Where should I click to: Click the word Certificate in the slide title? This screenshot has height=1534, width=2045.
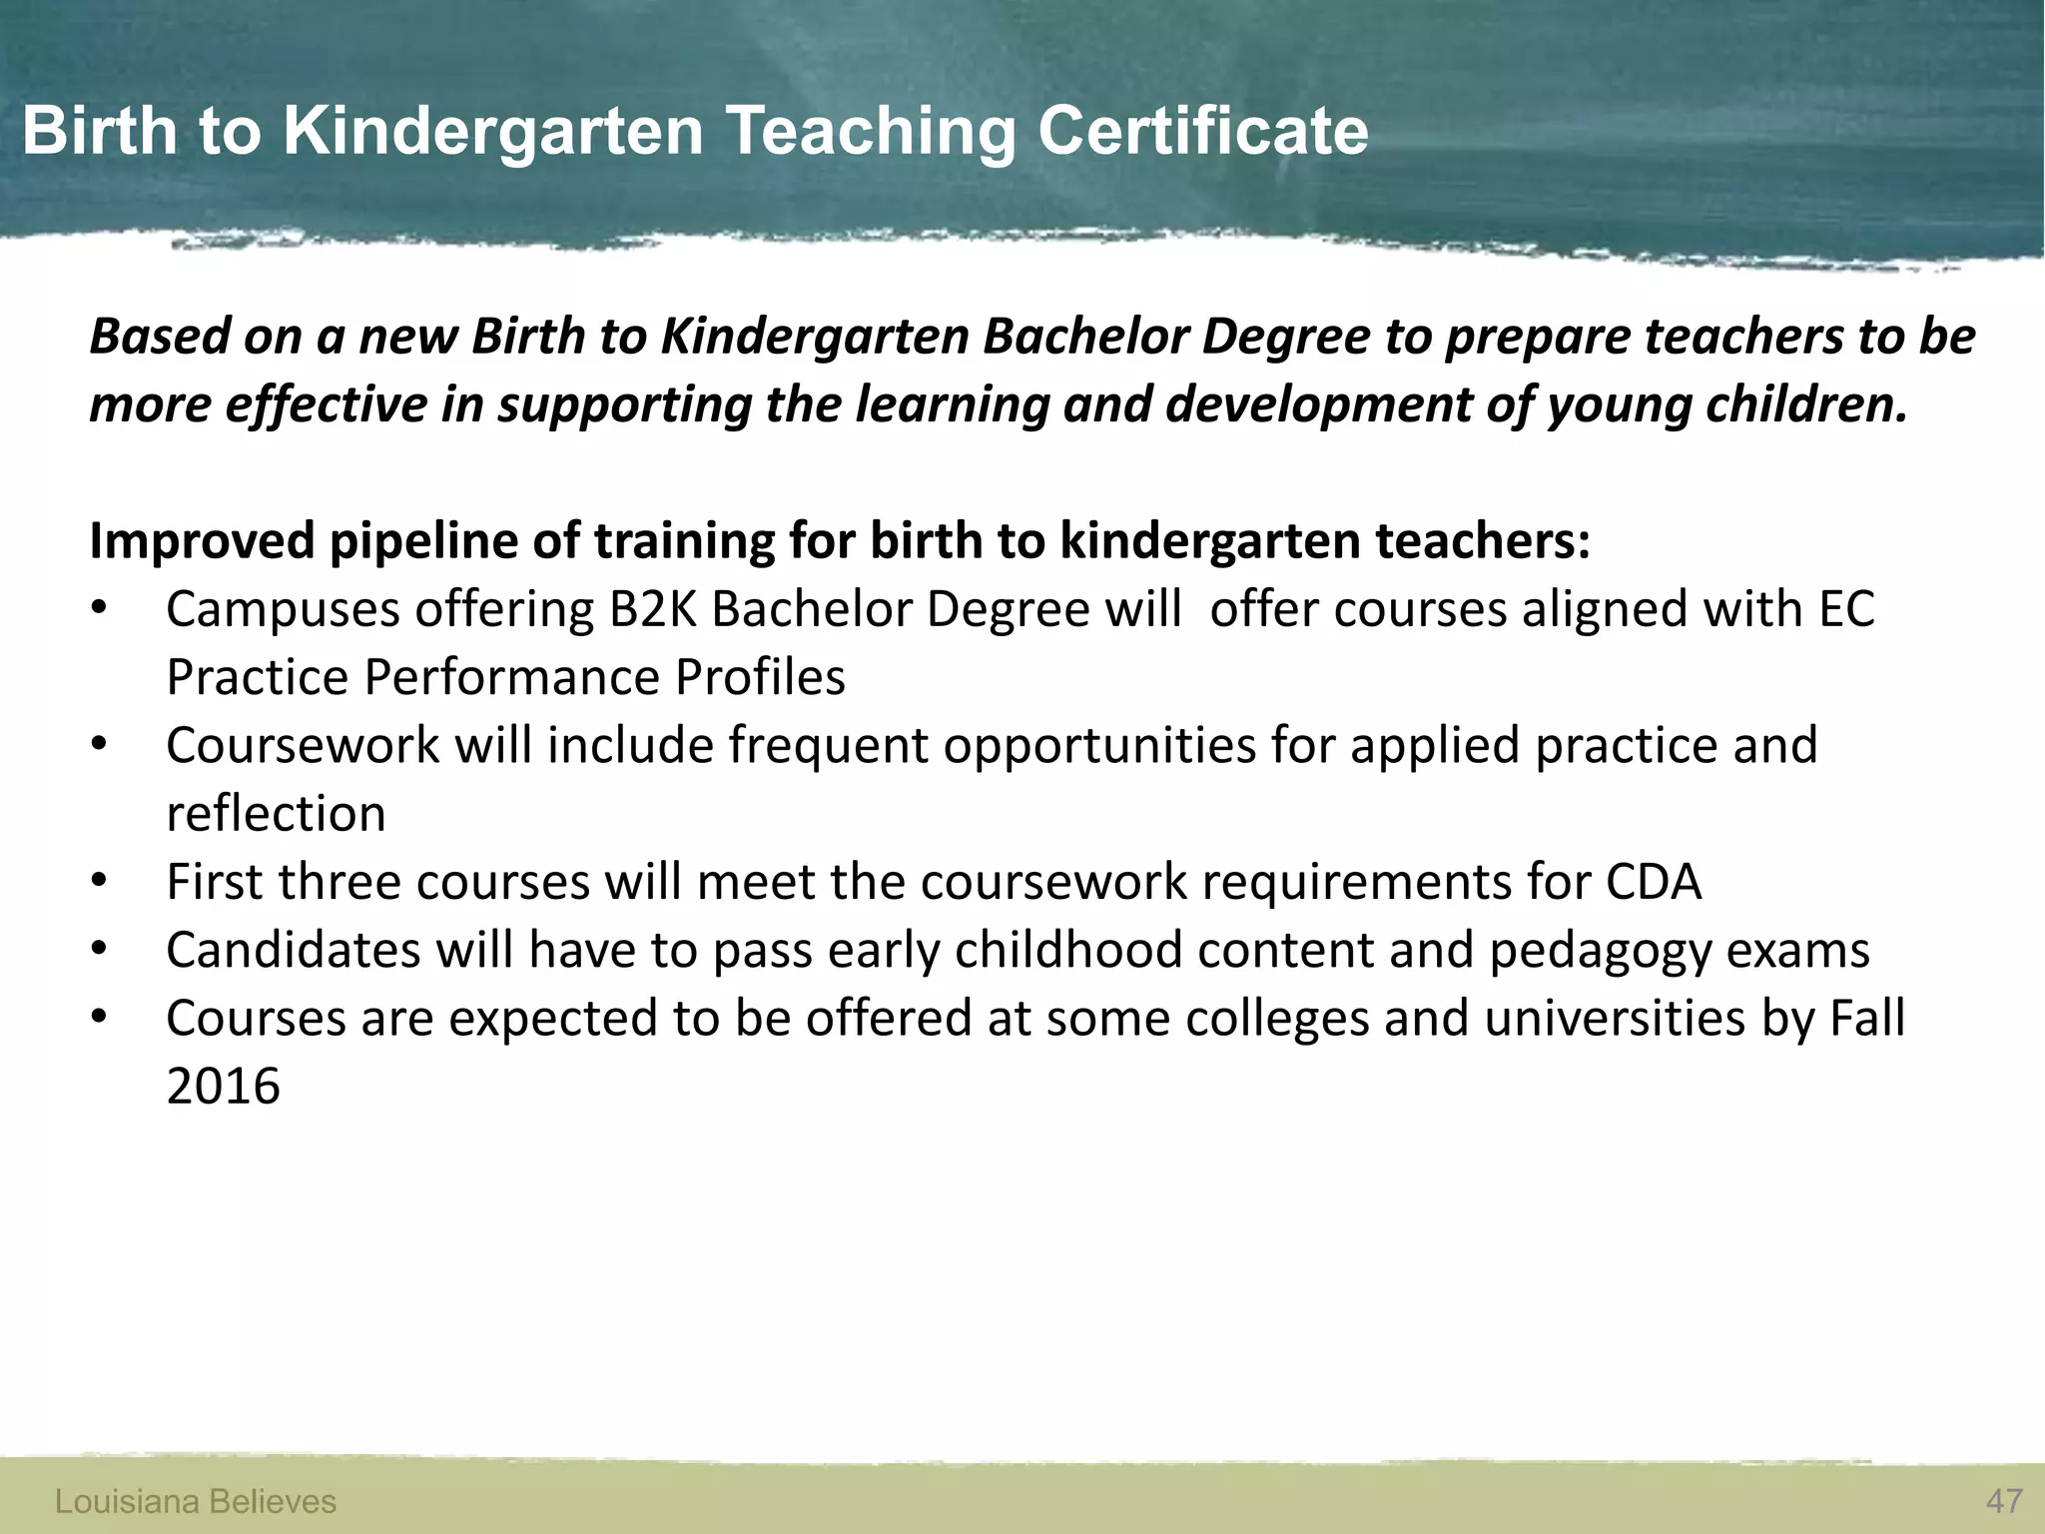coord(1202,131)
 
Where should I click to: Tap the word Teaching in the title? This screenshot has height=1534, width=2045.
coord(870,131)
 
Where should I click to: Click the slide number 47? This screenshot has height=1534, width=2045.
coord(2004,1501)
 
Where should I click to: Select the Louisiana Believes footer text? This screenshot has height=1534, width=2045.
coord(196,1501)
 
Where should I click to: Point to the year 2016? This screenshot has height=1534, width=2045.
coord(223,1087)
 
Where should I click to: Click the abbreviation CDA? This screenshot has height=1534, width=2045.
coord(1653,882)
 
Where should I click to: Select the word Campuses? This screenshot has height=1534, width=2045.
coord(283,609)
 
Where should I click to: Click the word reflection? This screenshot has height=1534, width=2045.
coord(276,814)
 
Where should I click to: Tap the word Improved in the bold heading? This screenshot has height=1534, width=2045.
coord(202,541)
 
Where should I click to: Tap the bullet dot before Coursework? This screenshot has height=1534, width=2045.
coord(98,746)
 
